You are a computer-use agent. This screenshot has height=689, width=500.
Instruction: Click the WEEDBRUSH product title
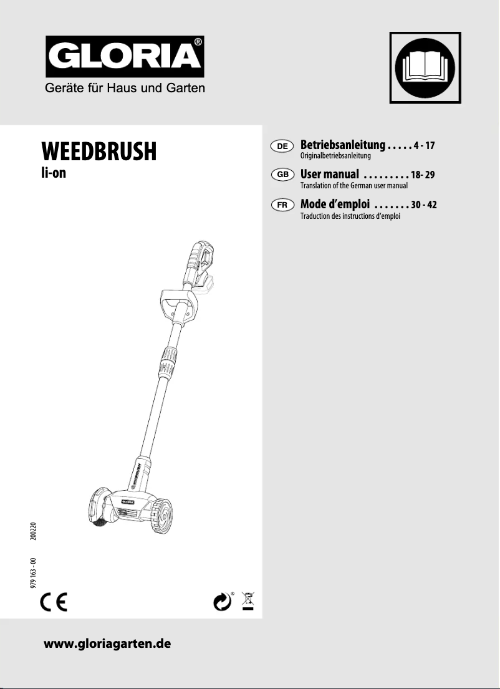coord(99,152)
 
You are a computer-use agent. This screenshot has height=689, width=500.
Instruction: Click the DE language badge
coord(282,146)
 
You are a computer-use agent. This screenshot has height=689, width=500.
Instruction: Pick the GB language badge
coord(282,175)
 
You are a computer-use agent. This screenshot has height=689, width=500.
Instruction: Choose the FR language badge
coord(282,205)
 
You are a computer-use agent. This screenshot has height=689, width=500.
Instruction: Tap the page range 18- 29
coord(423,175)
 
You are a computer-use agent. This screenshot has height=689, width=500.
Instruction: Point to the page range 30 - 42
coord(423,205)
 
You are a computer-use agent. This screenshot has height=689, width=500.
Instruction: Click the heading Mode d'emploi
coord(335,204)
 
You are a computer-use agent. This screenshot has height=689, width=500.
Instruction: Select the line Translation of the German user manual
coord(353,186)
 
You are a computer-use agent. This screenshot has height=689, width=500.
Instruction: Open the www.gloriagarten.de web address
coord(107,643)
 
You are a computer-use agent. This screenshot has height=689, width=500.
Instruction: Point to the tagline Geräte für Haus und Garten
coord(125,88)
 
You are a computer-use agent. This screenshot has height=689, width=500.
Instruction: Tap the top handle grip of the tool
coord(195,256)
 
